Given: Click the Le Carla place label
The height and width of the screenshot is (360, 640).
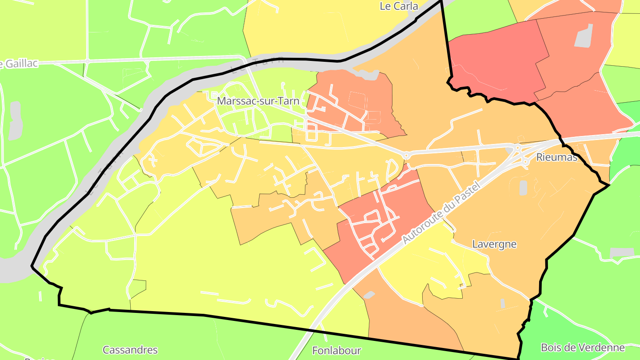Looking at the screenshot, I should [399, 6].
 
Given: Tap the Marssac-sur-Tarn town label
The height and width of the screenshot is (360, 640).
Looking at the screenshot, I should [258, 101].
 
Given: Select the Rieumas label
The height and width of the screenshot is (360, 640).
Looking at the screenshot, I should [556, 157].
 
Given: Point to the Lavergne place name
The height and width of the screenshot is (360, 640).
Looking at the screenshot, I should [494, 244].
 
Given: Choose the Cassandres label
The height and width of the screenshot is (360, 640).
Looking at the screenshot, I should [130, 350].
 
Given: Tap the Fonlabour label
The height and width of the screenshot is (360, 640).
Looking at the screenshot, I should [336, 351].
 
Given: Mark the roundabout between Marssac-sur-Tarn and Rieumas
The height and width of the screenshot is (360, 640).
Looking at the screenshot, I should [406, 155].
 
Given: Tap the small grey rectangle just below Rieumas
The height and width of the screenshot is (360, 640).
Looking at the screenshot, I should [523, 188].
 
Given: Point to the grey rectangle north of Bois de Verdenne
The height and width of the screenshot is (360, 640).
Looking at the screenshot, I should [621, 253].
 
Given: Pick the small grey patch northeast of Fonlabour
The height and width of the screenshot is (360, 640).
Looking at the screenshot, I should [369, 295].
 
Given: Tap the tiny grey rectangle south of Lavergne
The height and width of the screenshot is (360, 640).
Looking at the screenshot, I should [503, 304].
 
